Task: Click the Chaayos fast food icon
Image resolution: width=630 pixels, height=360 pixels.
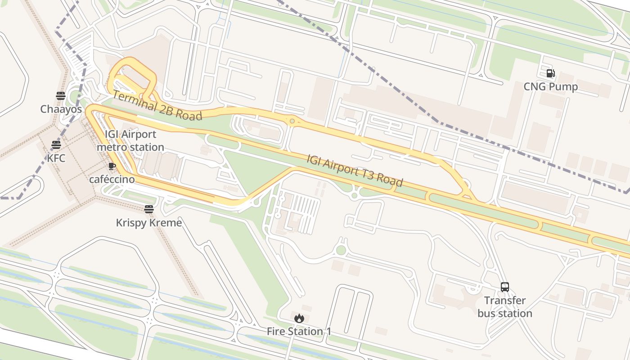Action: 61,95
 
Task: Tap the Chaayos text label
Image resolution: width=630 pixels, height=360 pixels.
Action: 61,109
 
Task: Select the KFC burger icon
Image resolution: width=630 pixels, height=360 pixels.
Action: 56,145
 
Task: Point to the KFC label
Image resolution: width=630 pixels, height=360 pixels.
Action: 56,158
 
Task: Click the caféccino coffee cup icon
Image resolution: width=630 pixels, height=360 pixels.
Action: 112,166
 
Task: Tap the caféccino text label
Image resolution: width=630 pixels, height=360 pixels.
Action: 112,180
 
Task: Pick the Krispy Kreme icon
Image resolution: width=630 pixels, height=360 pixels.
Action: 149,209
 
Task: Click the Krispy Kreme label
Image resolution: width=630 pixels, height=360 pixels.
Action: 149,223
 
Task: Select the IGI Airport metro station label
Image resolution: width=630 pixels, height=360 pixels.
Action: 130,141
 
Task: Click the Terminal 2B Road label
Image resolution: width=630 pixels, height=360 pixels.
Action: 157,105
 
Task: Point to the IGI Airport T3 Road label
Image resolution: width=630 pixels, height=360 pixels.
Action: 355,171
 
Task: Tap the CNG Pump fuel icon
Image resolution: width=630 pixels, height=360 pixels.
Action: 550,73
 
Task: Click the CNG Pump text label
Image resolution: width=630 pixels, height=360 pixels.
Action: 550,87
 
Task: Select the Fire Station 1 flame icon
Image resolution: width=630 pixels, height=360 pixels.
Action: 299,318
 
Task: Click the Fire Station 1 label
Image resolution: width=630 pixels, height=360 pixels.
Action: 299,332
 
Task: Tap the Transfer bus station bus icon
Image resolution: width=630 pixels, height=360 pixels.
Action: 505,287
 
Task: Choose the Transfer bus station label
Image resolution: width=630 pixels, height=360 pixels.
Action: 505,307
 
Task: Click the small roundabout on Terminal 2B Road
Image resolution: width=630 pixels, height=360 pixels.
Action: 292,121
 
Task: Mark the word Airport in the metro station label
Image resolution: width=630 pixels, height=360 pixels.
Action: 139,135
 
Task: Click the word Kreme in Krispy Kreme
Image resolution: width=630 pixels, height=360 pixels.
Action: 166,223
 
